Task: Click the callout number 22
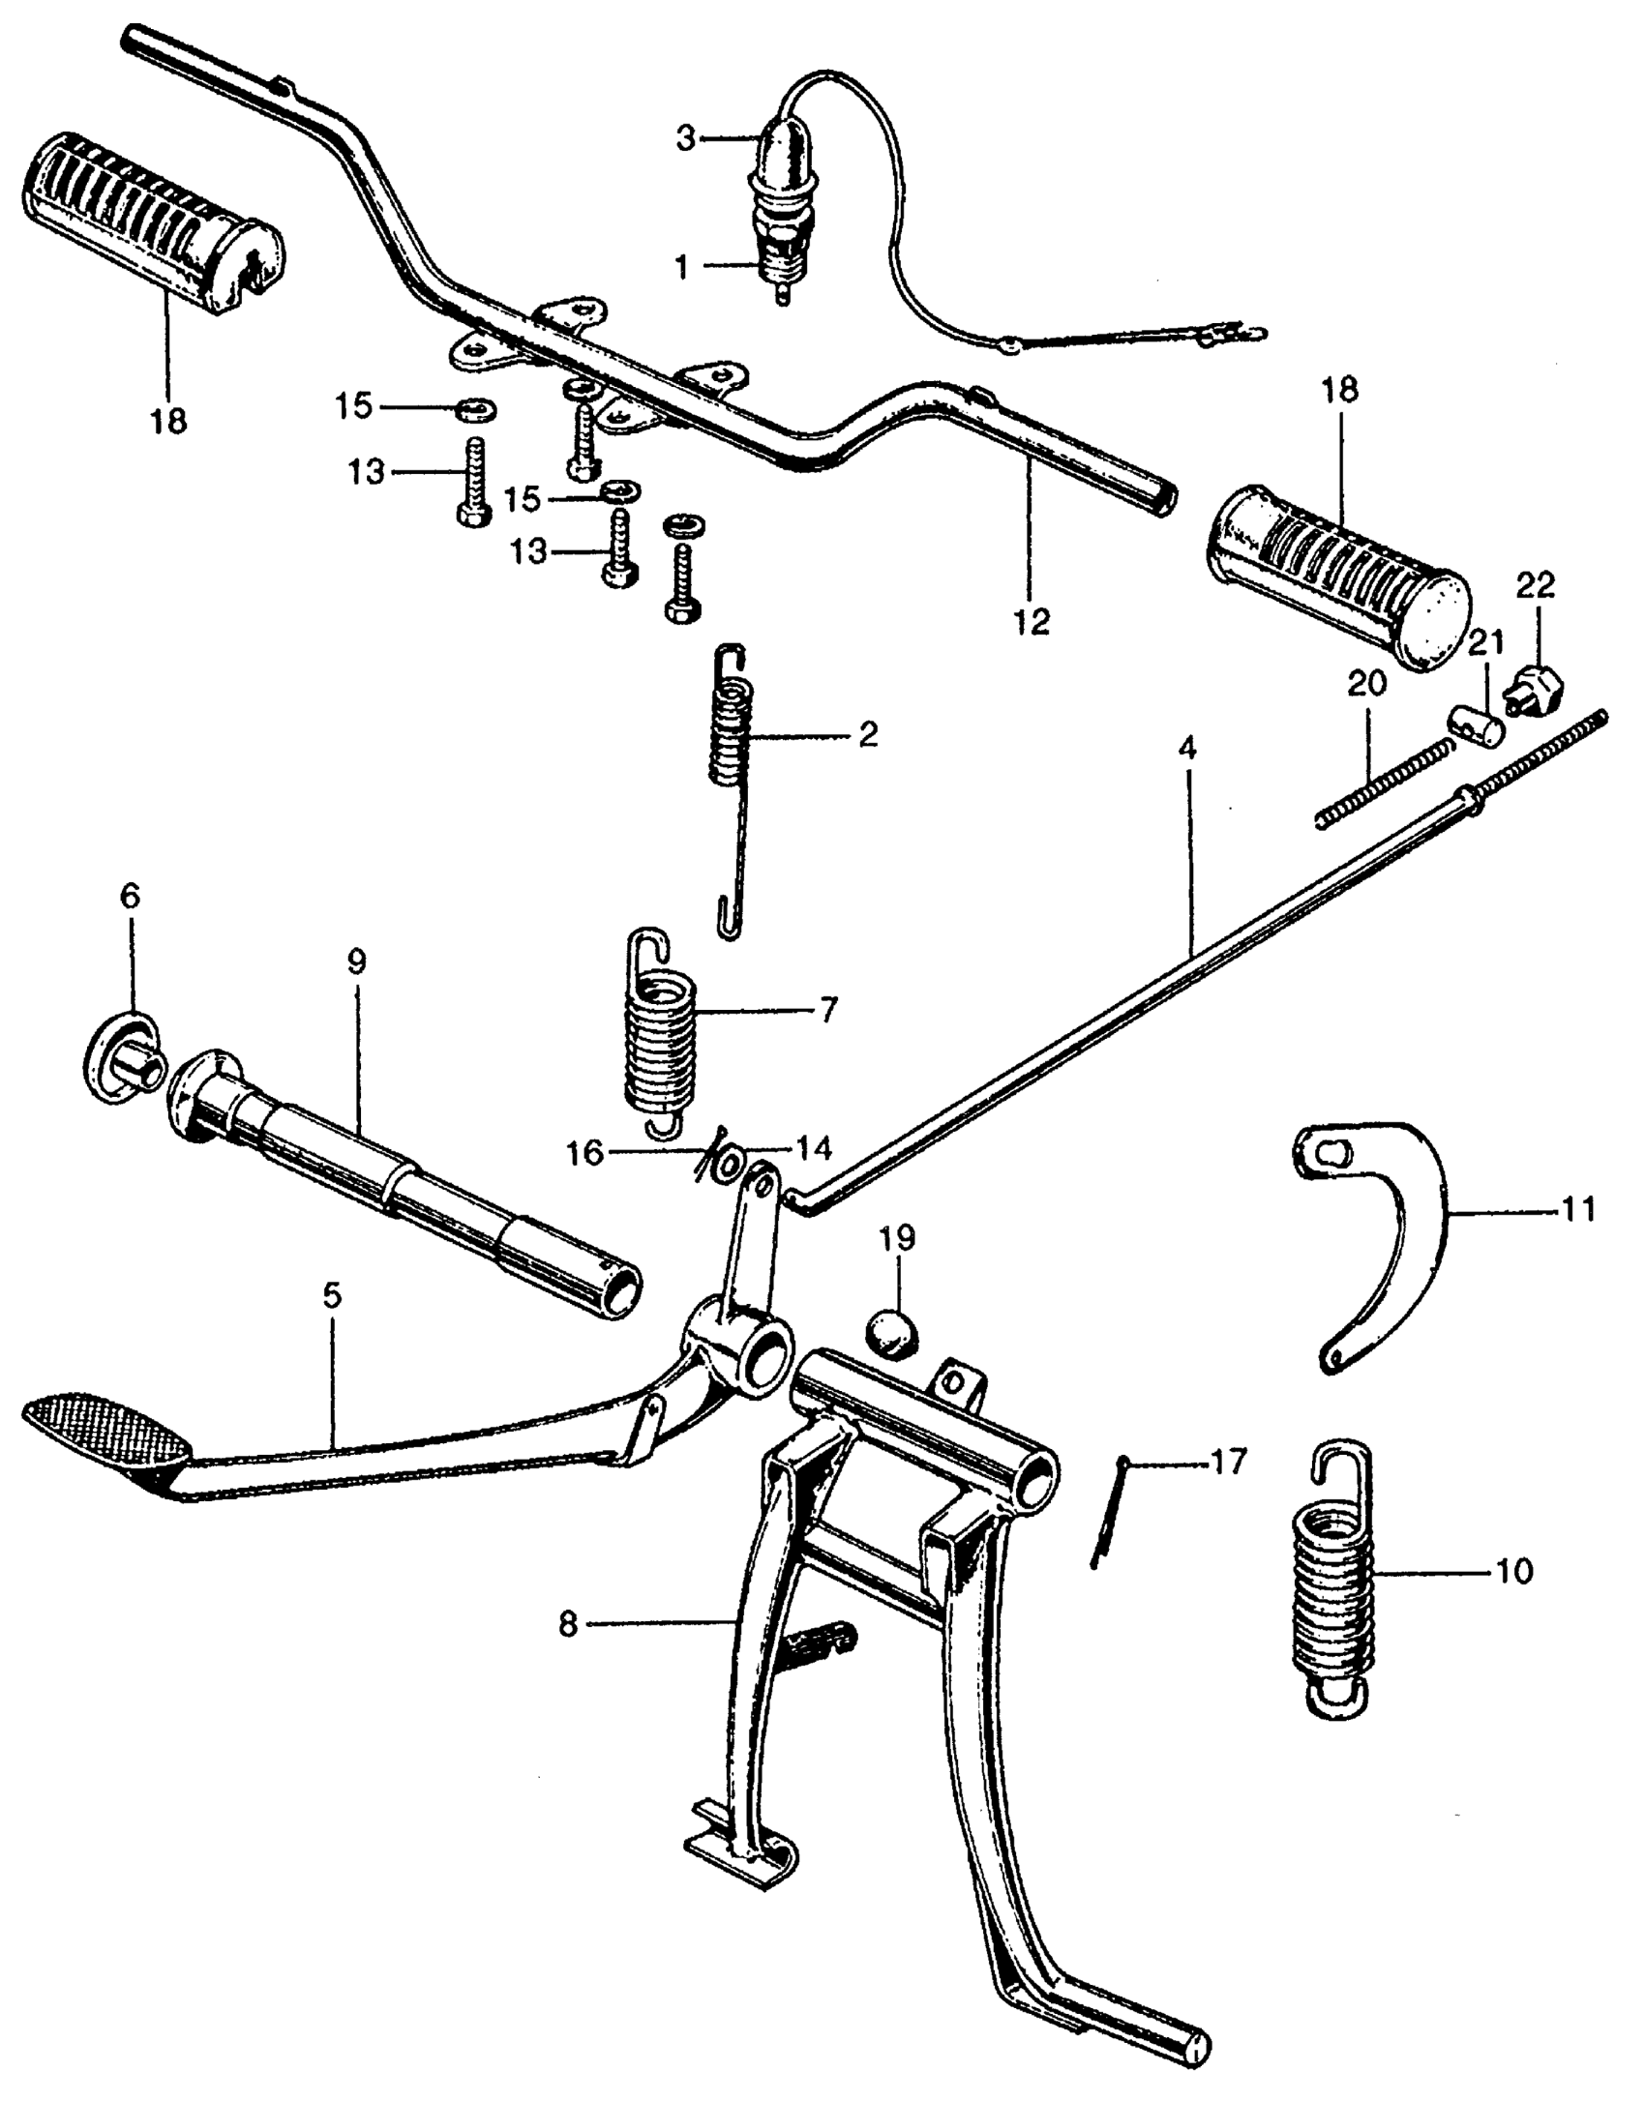coord(1536,585)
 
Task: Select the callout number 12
coord(1032,621)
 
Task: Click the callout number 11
coord(1579,1209)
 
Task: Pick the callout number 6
coord(130,896)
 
